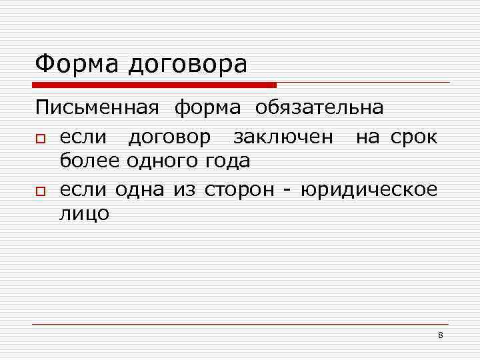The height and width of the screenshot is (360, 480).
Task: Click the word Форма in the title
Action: pyautogui.click(x=73, y=64)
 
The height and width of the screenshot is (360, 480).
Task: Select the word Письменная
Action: pyautogui.click(x=97, y=107)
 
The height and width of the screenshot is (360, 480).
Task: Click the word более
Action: pyautogui.click(x=87, y=160)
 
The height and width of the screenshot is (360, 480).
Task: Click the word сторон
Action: pyautogui.click(x=239, y=190)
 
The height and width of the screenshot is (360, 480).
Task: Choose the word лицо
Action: pyautogui.click(x=85, y=214)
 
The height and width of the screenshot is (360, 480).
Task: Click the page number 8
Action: pyautogui.click(x=441, y=335)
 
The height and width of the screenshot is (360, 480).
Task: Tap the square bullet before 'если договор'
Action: pyautogui.click(x=41, y=138)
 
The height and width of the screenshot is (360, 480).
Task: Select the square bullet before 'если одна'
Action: pyautogui.click(x=41, y=191)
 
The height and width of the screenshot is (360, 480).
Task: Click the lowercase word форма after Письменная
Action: pyautogui.click(x=207, y=109)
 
